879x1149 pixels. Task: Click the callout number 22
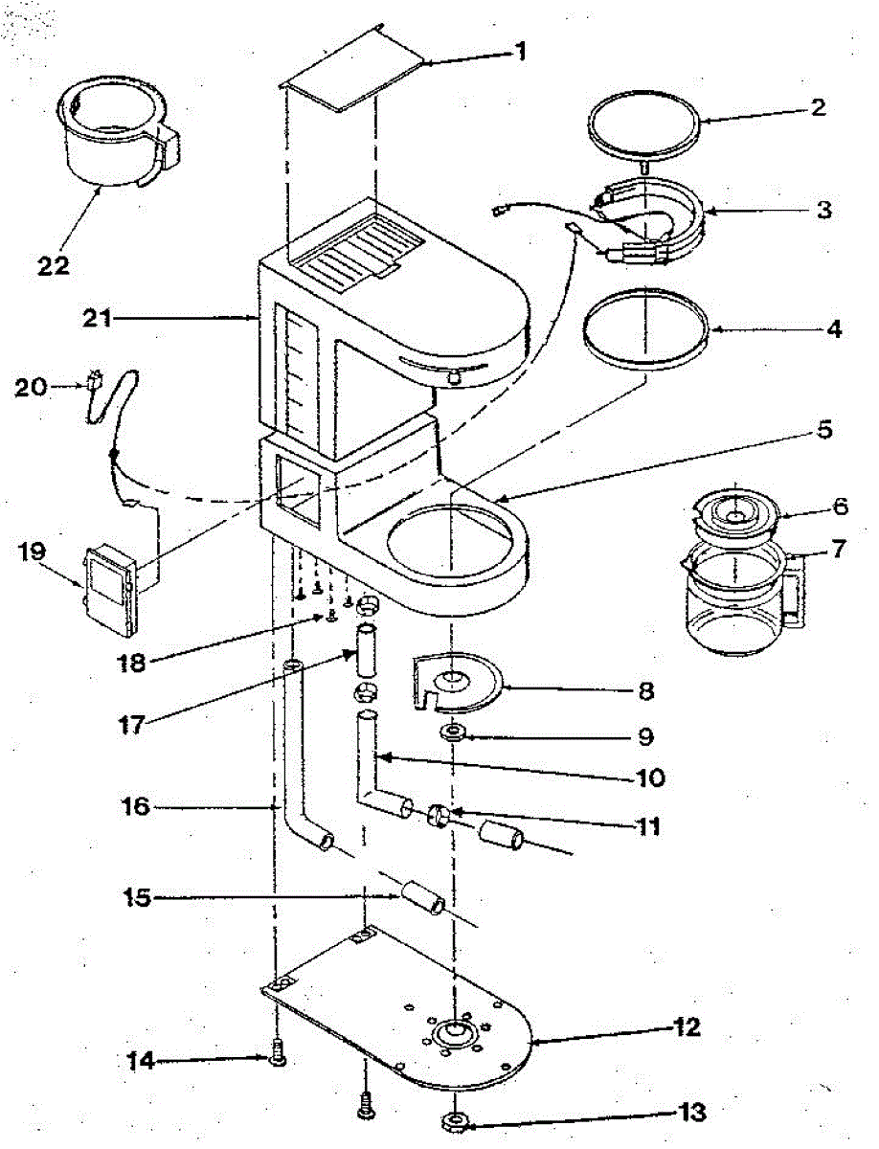tap(54, 264)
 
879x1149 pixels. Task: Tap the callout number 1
tap(520, 52)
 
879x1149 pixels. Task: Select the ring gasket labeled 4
tap(645, 330)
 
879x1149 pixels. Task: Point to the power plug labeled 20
tap(95, 382)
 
